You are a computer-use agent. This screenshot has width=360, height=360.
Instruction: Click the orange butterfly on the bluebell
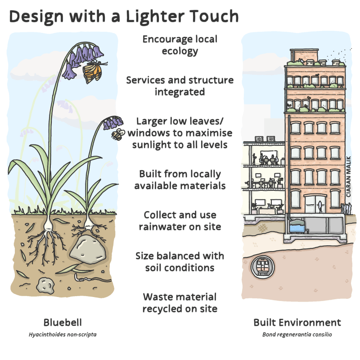click(94, 70)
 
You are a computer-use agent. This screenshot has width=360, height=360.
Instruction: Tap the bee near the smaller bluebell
click(118, 134)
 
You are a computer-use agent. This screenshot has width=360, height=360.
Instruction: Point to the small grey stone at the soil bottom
click(45, 285)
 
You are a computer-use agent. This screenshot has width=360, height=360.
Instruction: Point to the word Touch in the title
click(212, 16)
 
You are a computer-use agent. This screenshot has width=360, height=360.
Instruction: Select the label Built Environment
click(297, 322)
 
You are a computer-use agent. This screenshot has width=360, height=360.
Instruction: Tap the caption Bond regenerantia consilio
click(297, 334)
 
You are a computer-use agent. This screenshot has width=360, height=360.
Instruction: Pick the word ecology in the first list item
click(180, 51)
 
